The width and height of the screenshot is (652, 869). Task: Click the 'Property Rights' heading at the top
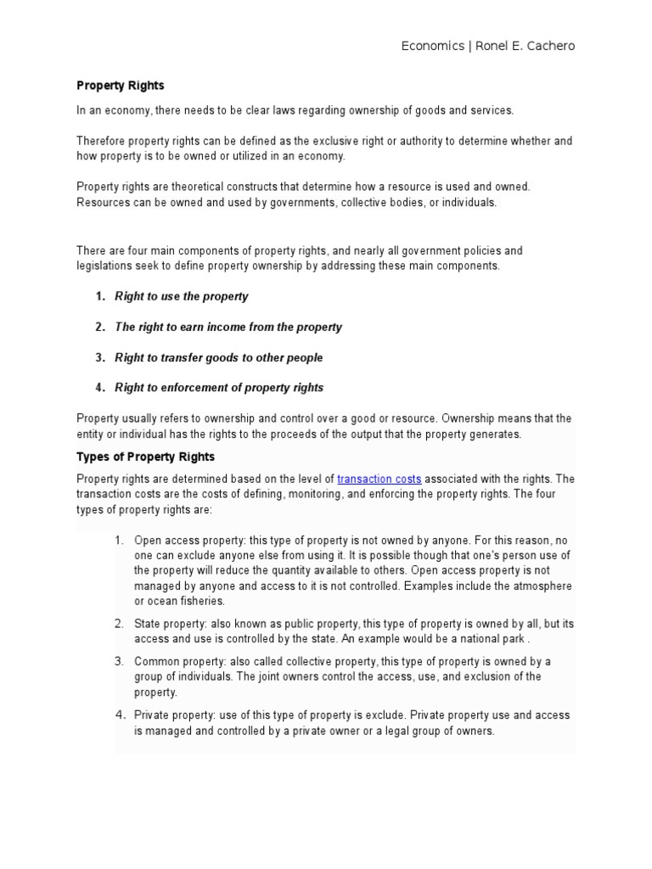[x=121, y=86]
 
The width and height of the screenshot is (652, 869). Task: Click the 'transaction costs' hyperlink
[x=379, y=479]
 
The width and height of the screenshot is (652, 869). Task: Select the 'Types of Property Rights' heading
[x=145, y=457]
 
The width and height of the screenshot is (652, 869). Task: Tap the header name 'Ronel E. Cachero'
[x=526, y=46]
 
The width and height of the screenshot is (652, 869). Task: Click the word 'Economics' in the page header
[x=431, y=46]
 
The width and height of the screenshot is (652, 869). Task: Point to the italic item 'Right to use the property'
[x=181, y=296]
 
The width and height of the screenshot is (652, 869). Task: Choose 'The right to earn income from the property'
[x=228, y=327]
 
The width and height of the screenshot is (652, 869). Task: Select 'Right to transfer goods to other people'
[x=218, y=357]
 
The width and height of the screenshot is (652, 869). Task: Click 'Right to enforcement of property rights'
[x=219, y=388]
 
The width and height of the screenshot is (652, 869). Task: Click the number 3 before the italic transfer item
[x=98, y=357]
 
